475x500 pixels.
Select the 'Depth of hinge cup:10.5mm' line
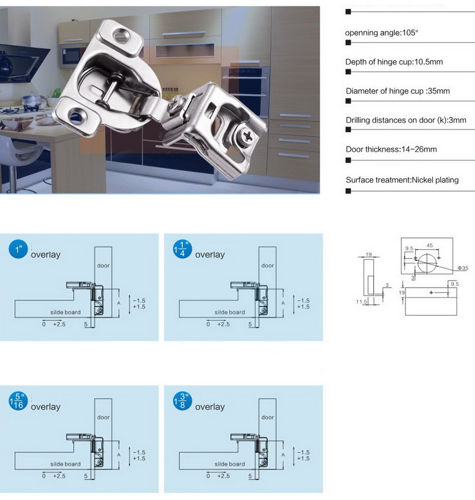[394, 62]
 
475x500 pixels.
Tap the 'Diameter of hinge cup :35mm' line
[398, 91]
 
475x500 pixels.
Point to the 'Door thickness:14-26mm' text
[391, 149]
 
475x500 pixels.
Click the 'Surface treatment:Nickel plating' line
[402, 180]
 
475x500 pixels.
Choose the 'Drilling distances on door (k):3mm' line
[406, 120]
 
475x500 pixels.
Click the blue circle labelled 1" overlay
[18, 249]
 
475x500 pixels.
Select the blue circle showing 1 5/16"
[18, 401]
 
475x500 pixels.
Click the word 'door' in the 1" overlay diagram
[103, 265]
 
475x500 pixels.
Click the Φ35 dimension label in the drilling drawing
[463, 269]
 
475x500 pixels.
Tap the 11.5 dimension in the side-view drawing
[361, 302]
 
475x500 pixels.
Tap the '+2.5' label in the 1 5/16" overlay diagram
[59, 476]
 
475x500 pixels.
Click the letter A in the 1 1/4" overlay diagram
[283, 302]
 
